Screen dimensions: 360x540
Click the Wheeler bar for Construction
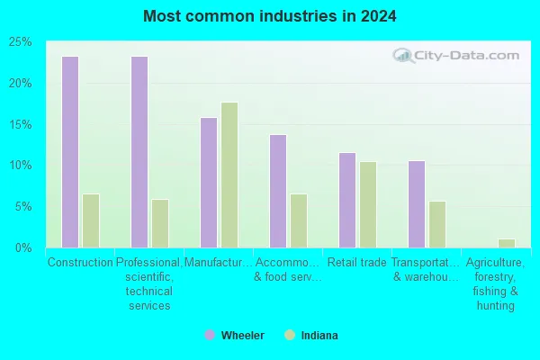(x=69, y=152)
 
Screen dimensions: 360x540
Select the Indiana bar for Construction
(x=90, y=220)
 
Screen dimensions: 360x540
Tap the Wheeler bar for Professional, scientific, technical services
(x=139, y=152)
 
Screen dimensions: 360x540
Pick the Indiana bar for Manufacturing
(x=229, y=175)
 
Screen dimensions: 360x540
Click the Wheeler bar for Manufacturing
(x=208, y=182)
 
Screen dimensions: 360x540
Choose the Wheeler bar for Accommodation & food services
(x=277, y=191)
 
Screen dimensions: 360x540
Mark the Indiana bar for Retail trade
(x=367, y=204)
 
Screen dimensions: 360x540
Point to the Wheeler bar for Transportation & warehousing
(x=416, y=204)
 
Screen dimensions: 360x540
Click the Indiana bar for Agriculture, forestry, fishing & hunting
(x=506, y=243)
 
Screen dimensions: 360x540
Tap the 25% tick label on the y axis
(x=20, y=42)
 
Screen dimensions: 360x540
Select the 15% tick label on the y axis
(x=20, y=124)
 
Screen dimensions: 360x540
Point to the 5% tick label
(x=22, y=206)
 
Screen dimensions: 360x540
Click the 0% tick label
(x=22, y=247)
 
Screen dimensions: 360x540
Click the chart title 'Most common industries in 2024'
(x=270, y=16)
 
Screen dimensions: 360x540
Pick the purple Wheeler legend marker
(x=210, y=335)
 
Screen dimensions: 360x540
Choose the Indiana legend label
(x=320, y=335)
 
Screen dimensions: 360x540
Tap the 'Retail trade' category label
(x=357, y=263)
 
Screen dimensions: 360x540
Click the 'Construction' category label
(x=80, y=263)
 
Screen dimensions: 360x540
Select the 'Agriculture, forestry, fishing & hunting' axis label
(x=496, y=284)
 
